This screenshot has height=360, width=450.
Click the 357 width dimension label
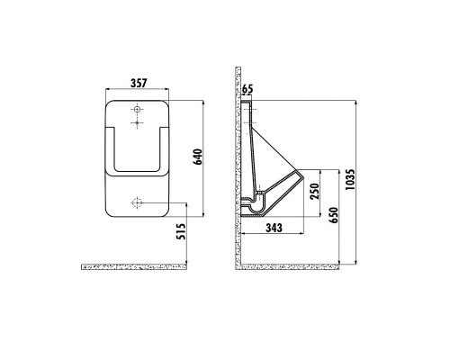coord(138,82)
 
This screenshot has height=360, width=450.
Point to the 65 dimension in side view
coord(248,89)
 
